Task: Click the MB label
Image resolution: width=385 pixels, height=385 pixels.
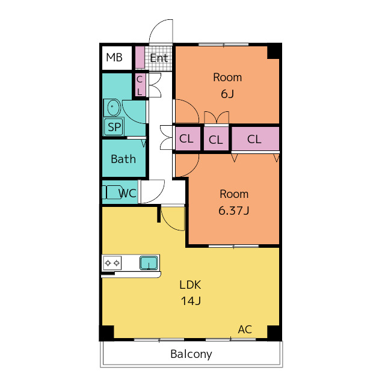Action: [114, 58]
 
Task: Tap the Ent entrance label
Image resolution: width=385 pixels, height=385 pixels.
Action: [159, 58]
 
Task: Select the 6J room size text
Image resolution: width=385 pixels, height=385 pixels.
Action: [227, 94]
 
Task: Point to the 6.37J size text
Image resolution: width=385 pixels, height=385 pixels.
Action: [234, 211]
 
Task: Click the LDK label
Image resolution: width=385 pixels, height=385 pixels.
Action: [190, 285]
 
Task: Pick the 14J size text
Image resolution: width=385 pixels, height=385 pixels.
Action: [191, 301]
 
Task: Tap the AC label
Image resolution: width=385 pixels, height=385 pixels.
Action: [245, 330]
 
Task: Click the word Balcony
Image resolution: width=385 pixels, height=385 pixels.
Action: [191, 354]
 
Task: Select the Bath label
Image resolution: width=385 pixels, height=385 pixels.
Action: [123, 159]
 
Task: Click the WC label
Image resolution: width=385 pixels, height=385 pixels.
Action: [127, 193]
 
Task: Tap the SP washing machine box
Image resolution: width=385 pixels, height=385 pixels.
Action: [114, 126]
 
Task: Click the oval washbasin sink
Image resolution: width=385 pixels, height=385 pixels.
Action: [112, 107]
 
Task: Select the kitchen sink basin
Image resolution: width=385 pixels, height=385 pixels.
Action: [149, 263]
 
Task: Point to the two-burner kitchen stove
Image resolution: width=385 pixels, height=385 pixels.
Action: [112, 263]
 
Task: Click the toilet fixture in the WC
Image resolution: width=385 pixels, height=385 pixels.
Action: [112, 192]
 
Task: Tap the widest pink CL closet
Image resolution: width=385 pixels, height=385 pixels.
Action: [255, 138]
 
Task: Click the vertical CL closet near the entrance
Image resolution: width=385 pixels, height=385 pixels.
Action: [140, 85]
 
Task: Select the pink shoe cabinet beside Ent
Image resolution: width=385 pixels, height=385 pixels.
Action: [140, 57]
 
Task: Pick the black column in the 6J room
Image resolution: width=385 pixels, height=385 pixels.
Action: [274, 51]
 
